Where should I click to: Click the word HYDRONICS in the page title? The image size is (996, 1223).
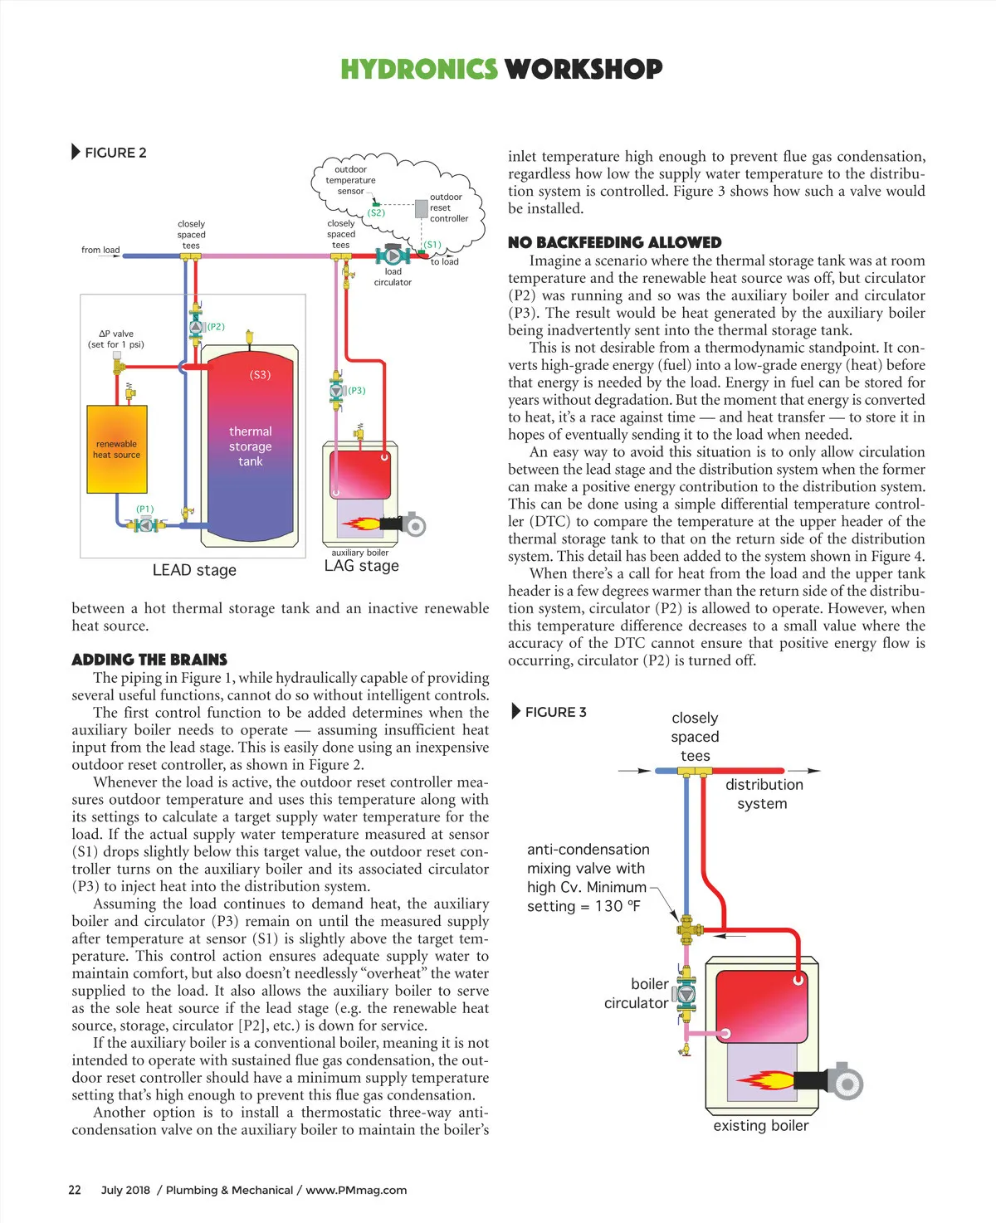click(x=418, y=69)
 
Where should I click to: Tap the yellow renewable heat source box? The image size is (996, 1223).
click(x=117, y=449)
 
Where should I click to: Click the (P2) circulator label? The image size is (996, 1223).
click(x=216, y=327)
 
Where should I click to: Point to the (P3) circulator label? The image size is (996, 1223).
click(x=356, y=390)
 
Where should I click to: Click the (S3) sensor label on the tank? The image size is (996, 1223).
click(x=260, y=375)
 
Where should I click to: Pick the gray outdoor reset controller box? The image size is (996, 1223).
click(x=422, y=208)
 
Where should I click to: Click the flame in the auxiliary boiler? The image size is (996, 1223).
click(x=360, y=524)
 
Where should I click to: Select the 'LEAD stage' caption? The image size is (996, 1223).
click(x=194, y=570)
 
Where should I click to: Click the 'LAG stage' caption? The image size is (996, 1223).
click(x=361, y=566)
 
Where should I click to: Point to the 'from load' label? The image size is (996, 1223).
click(x=100, y=250)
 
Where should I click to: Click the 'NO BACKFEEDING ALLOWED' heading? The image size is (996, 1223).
click(x=614, y=242)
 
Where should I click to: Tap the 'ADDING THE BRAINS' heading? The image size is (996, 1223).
click(x=149, y=660)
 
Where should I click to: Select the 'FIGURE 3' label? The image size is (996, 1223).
click(x=555, y=712)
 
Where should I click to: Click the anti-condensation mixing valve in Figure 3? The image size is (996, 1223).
click(x=686, y=929)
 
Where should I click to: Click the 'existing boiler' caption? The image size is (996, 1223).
click(x=760, y=1126)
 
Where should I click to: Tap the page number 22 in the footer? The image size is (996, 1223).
click(x=75, y=1190)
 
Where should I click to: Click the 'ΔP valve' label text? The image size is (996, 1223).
click(x=116, y=334)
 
